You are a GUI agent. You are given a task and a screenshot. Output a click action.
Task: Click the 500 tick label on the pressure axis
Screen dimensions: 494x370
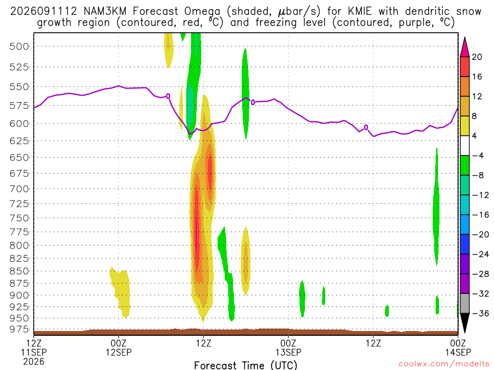pyautogui.click(x=19, y=47)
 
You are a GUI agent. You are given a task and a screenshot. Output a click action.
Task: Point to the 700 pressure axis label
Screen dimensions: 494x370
pyautogui.click(x=19, y=189)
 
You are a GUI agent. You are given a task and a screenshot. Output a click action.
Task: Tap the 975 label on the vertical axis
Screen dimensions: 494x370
pyautogui.click(x=19, y=330)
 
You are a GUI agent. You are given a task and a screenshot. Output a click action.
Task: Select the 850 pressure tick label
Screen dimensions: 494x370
pyautogui.click(x=19, y=271)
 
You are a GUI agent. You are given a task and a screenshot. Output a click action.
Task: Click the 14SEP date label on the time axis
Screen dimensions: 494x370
pyautogui.click(x=458, y=352)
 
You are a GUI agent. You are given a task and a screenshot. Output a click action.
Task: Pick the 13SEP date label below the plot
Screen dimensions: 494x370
pyautogui.click(x=288, y=352)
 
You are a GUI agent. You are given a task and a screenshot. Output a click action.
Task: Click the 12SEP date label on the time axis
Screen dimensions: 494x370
pyautogui.click(x=119, y=352)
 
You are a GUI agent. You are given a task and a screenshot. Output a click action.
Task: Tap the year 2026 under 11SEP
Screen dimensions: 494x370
pyautogui.click(x=34, y=361)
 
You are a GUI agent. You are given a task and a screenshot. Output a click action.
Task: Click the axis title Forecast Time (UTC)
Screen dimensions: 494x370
pyautogui.click(x=246, y=365)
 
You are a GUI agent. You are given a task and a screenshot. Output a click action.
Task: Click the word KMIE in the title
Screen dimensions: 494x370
pyautogui.click(x=360, y=12)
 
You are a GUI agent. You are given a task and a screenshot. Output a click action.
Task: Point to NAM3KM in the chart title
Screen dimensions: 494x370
pyautogui.click(x=105, y=12)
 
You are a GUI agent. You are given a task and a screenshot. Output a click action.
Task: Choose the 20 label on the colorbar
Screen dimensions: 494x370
pyautogui.click(x=477, y=57)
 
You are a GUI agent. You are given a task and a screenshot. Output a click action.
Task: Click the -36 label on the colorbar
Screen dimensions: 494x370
pyautogui.click(x=480, y=313)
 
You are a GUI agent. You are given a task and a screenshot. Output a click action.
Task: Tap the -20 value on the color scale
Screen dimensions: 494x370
pyautogui.click(x=480, y=235)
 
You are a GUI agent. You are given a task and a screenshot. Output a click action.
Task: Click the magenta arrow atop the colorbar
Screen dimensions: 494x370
pyautogui.click(x=465, y=47)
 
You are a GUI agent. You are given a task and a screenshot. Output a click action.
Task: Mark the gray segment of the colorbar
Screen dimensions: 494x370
pyautogui.click(x=465, y=304)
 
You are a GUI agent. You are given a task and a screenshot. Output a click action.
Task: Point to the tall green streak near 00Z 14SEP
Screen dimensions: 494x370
pyautogui.click(x=436, y=206)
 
